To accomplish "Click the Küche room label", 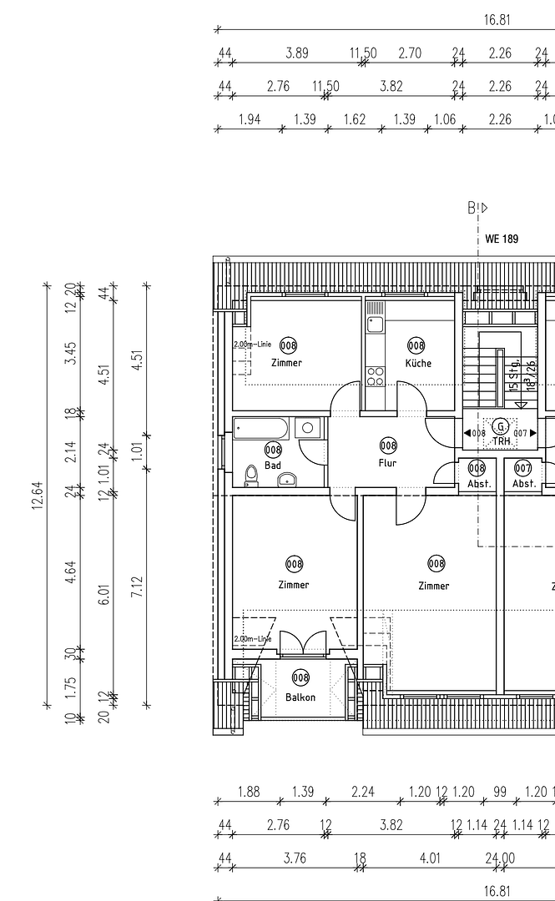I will [x=418, y=363].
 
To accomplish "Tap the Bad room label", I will [x=273, y=466].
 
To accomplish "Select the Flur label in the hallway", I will [x=387, y=463].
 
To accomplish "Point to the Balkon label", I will [x=300, y=697].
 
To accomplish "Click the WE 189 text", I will [x=502, y=239].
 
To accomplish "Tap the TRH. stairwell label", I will [x=501, y=440].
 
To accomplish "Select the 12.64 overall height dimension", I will [x=38, y=499].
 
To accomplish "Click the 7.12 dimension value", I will [x=138, y=586].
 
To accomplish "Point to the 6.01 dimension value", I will [x=104, y=594].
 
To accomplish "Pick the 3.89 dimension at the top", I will [x=297, y=53].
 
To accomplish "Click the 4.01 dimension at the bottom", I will [x=430, y=858].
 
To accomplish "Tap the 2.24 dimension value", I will [x=363, y=793].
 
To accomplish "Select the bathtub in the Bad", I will [x=262, y=429].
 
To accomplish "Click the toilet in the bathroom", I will [x=251, y=476].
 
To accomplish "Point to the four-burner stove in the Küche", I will [x=375, y=376].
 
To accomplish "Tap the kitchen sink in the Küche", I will [x=375, y=324].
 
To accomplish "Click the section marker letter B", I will [x=472, y=208].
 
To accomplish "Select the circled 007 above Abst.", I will [x=523, y=468].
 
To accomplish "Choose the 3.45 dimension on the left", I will [x=72, y=353].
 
